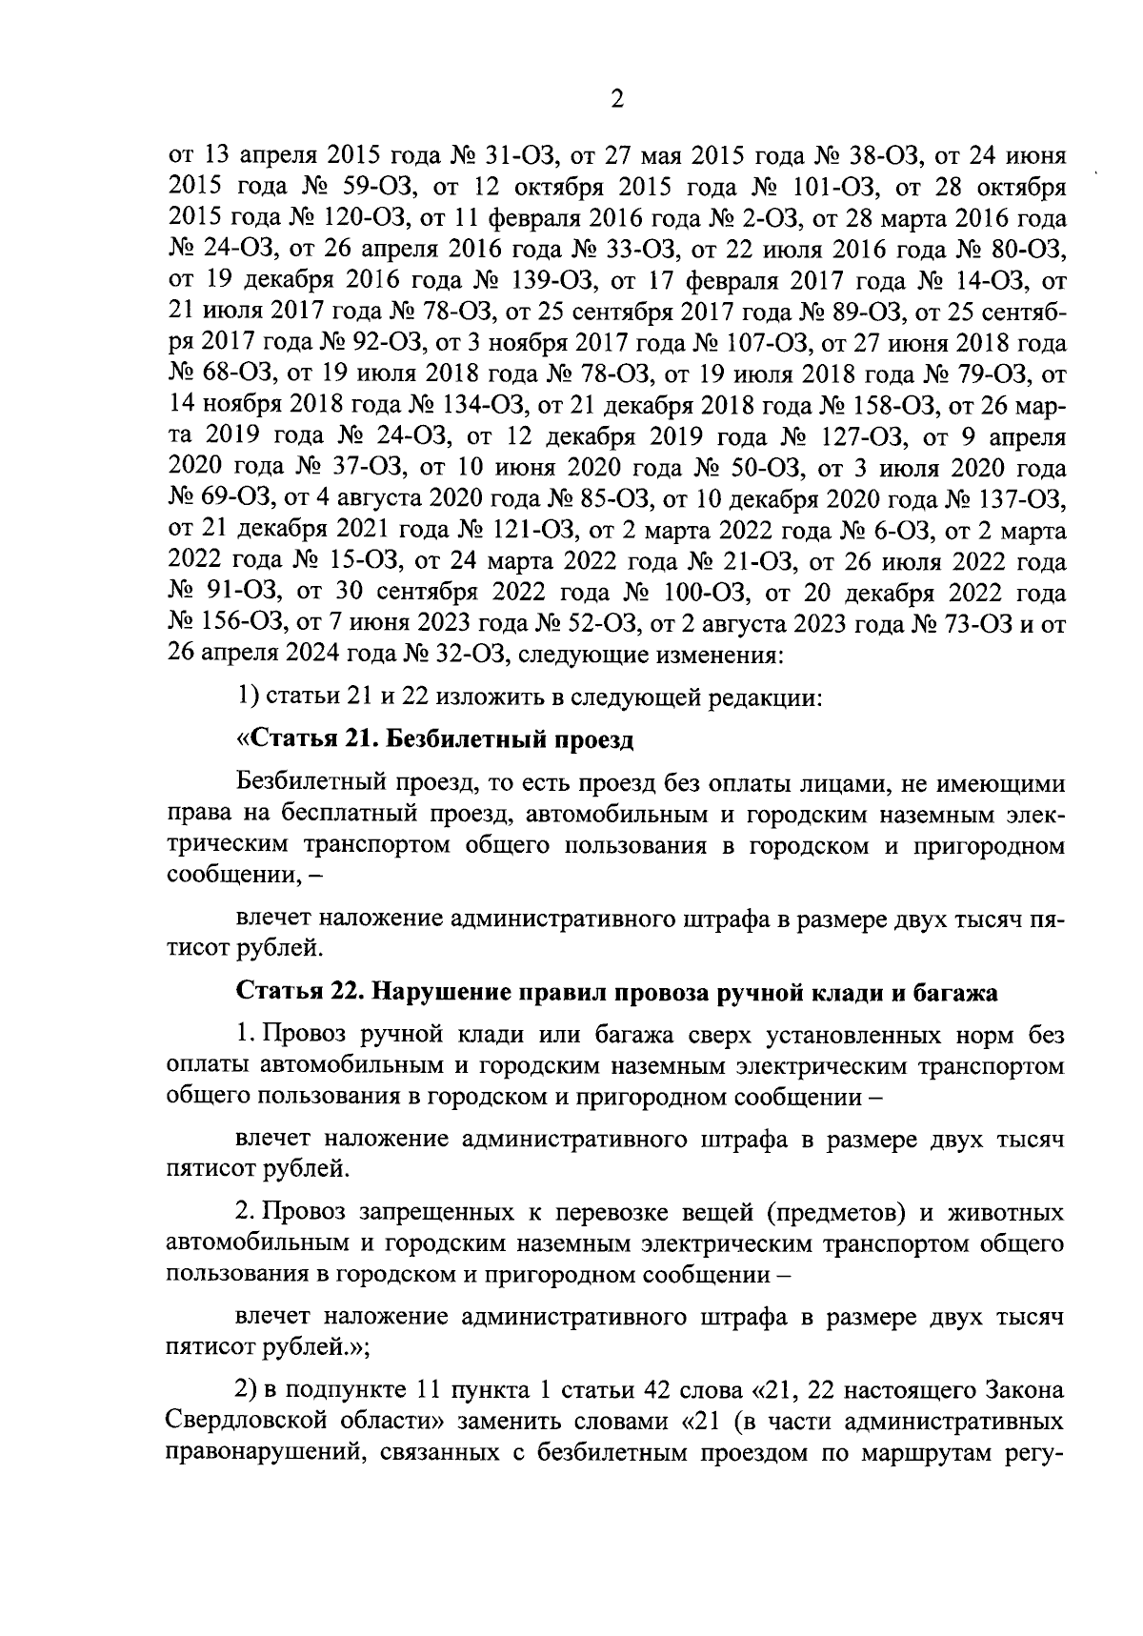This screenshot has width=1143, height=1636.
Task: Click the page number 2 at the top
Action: pyautogui.click(x=616, y=99)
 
